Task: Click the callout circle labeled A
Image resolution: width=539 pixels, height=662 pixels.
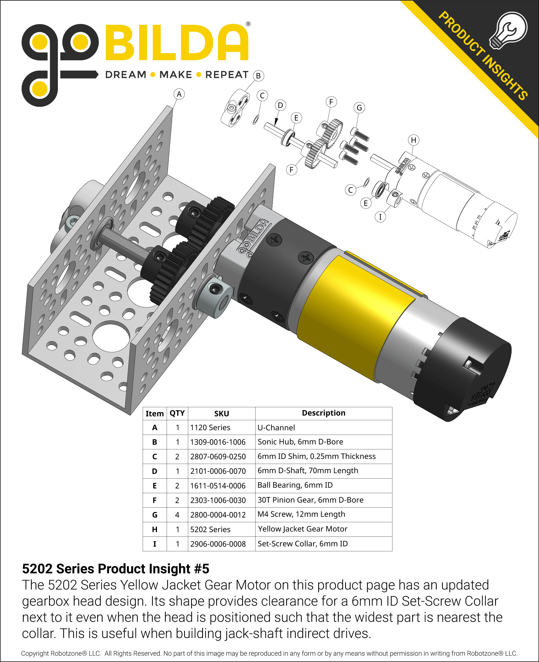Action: (179, 94)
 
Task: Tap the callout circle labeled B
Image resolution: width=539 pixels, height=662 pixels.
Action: (258, 76)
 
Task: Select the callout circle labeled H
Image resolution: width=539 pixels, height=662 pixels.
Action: (413, 140)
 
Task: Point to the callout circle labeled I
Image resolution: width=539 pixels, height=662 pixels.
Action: (380, 217)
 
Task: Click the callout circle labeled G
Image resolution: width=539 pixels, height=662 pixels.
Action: (359, 108)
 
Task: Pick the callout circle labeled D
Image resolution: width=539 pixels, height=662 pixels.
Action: (280, 105)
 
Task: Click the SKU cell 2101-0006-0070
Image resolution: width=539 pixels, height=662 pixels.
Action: (218, 471)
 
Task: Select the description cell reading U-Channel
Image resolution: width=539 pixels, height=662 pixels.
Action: (276, 428)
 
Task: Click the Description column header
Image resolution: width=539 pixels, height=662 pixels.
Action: (324, 413)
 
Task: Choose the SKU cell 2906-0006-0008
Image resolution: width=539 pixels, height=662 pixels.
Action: (218, 544)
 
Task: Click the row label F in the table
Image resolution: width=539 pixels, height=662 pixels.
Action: (155, 500)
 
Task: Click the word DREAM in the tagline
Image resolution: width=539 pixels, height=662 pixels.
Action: (126, 75)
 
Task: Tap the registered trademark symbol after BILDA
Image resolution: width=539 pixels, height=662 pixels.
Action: (248, 24)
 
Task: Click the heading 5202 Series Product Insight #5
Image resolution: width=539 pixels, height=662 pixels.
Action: (115, 569)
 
